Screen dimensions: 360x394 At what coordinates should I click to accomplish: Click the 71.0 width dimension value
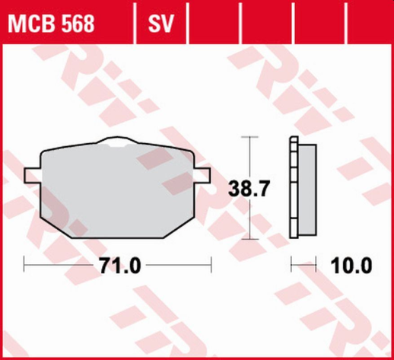(x=119, y=266)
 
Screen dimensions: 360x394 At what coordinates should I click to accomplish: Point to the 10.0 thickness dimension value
(x=350, y=266)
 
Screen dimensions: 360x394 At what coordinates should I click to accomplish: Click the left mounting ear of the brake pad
(x=32, y=176)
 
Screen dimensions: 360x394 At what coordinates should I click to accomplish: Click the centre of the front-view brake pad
(x=117, y=190)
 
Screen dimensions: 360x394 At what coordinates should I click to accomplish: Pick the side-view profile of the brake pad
(x=303, y=189)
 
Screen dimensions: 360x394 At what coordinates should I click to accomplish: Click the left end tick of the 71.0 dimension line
(x=25, y=266)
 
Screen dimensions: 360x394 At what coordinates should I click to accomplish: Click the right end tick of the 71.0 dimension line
(x=210, y=266)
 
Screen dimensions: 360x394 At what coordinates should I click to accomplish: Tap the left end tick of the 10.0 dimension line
(x=292, y=266)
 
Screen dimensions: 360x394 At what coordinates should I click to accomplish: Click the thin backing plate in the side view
(x=294, y=189)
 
